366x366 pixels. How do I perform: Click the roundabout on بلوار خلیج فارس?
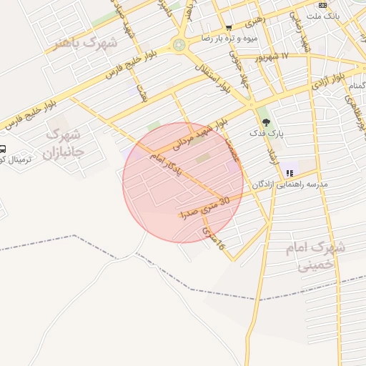click(x=179, y=45)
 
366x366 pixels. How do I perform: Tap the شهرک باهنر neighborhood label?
click(x=86, y=43)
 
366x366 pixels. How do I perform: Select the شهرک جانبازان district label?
click(x=63, y=143)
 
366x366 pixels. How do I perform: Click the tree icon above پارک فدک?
click(x=267, y=123)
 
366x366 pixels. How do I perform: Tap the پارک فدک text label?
click(x=267, y=134)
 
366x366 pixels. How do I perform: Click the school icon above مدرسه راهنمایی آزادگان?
click(x=290, y=172)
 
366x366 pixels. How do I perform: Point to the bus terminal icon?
click(x=3, y=149)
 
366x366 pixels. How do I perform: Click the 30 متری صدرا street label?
click(x=205, y=208)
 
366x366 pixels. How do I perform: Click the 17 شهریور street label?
click(x=276, y=56)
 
